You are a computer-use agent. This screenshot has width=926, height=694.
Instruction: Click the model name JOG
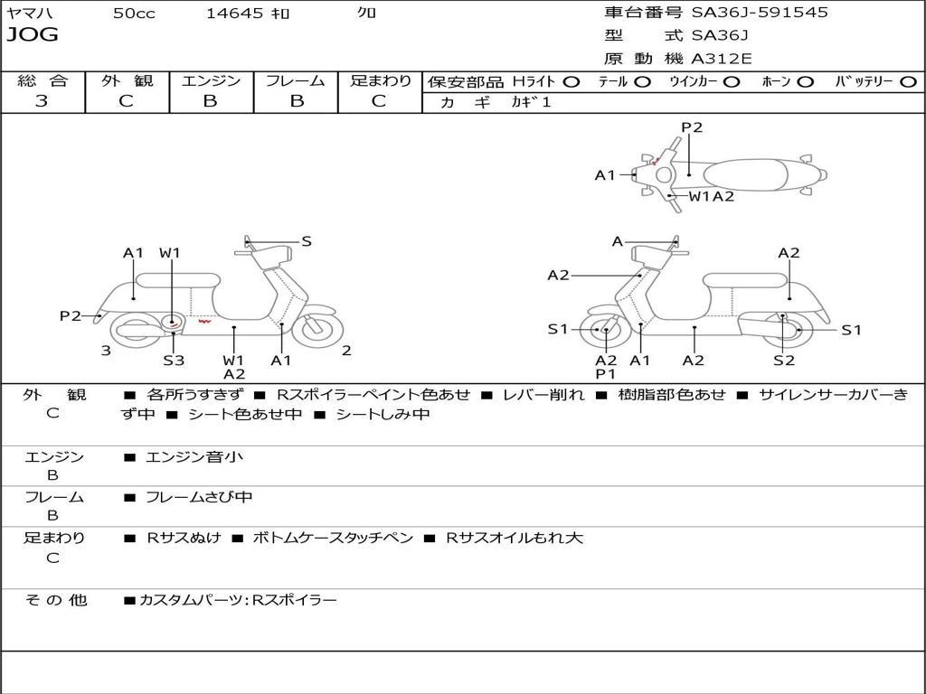(33, 35)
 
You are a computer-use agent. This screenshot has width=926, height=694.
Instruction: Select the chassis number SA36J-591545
(760, 13)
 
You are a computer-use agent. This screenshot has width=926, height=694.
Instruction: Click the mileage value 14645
(235, 14)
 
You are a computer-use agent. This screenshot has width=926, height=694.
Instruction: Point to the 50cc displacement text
(134, 14)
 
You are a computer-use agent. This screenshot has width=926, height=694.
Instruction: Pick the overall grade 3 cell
(42, 101)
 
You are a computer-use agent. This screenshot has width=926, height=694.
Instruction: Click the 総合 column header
(43, 80)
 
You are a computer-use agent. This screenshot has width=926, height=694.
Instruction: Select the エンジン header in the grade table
(212, 80)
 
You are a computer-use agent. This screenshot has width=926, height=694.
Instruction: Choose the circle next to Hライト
(572, 81)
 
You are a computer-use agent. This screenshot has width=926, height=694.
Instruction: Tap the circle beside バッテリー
(908, 81)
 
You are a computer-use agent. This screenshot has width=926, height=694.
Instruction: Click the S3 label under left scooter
(174, 360)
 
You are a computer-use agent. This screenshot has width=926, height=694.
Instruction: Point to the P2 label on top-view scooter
(692, 127)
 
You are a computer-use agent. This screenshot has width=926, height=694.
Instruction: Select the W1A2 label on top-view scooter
(712, 196)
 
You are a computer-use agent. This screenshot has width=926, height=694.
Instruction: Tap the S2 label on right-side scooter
(784, 360)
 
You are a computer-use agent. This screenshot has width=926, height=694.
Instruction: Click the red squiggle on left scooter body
(205, 320)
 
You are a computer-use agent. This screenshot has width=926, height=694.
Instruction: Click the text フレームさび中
(199, 497)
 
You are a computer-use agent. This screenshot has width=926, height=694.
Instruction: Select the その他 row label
(56, 599)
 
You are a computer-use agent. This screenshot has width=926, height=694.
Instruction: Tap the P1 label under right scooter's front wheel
(605, 373)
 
